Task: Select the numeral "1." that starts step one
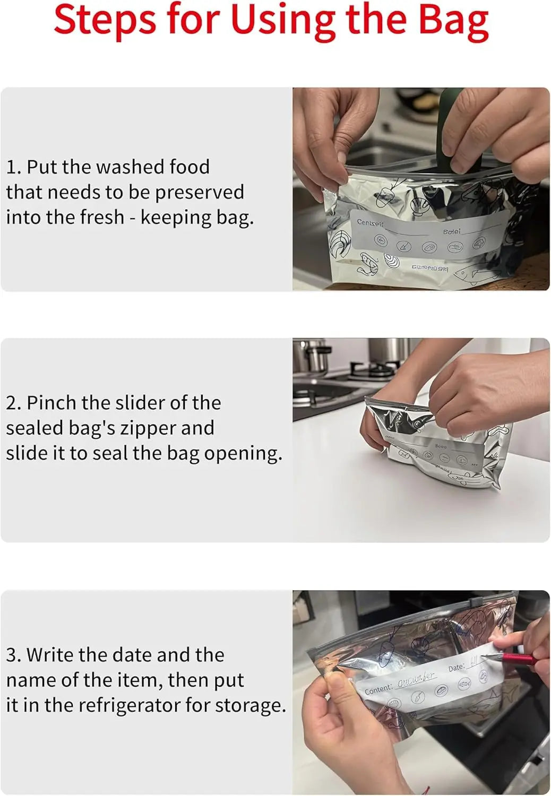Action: (14, 167)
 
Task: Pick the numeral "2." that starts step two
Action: (14, 403)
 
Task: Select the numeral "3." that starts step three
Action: (14, 655)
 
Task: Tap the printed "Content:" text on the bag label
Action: (378, 690)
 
